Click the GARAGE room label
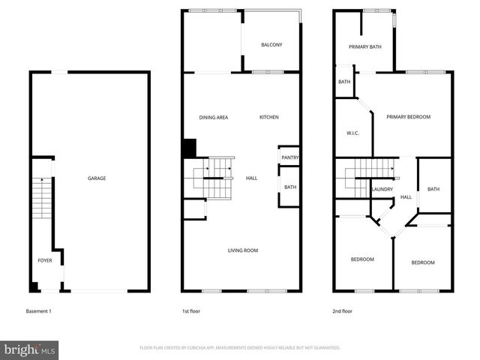97,178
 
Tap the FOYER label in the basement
45,260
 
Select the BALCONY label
271,45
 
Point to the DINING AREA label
213,118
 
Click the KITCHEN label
269,118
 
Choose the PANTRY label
289,157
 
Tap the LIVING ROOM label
243,250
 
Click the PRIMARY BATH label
365,46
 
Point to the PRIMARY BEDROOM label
408,117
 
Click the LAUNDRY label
382,189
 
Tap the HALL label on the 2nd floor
406,197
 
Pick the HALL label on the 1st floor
252,178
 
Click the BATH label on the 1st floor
289,187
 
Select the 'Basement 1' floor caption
39,310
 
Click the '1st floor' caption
190,310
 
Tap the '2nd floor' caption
343,310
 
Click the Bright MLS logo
30,349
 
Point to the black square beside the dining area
189,148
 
